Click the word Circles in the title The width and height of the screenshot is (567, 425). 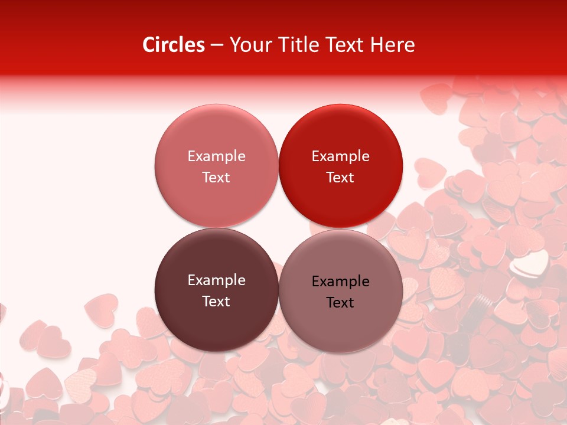[x=174, y=44]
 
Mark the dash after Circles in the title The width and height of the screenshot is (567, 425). [x=217, y=45]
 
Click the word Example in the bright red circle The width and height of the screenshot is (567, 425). [x=341, y=156]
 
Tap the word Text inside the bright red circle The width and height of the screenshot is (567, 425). [x=341, y=177]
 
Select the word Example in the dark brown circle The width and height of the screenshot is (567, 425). [x=216, y=280]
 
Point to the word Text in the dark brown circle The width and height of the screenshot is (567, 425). [x=216, y=301]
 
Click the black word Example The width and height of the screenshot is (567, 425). [x=341, y=282]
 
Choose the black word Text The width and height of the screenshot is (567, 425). [x=341, y=302]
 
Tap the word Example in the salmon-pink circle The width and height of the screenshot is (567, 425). [x=216, y=156]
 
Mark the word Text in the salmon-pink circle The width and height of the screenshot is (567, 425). [x=216, y=177]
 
